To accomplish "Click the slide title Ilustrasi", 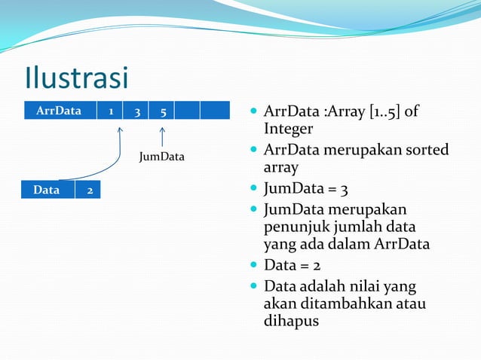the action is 76,78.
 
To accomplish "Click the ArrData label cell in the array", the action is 60,110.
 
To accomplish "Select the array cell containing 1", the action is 110,110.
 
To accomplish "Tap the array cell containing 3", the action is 136,110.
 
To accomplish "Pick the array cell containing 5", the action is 161,110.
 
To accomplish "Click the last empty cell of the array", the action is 215,110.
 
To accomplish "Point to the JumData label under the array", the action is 161,157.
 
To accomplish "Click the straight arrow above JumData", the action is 162,137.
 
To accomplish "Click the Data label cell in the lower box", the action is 47,190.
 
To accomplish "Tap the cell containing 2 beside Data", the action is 87,190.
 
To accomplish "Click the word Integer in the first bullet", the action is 288,129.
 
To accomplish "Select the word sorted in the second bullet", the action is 427,150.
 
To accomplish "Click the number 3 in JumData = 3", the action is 344,190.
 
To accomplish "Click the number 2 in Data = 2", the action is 317,265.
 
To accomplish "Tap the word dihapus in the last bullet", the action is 292,322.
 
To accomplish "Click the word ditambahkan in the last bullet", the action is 346,304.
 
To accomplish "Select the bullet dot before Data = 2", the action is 253,264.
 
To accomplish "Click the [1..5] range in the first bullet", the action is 385,111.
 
